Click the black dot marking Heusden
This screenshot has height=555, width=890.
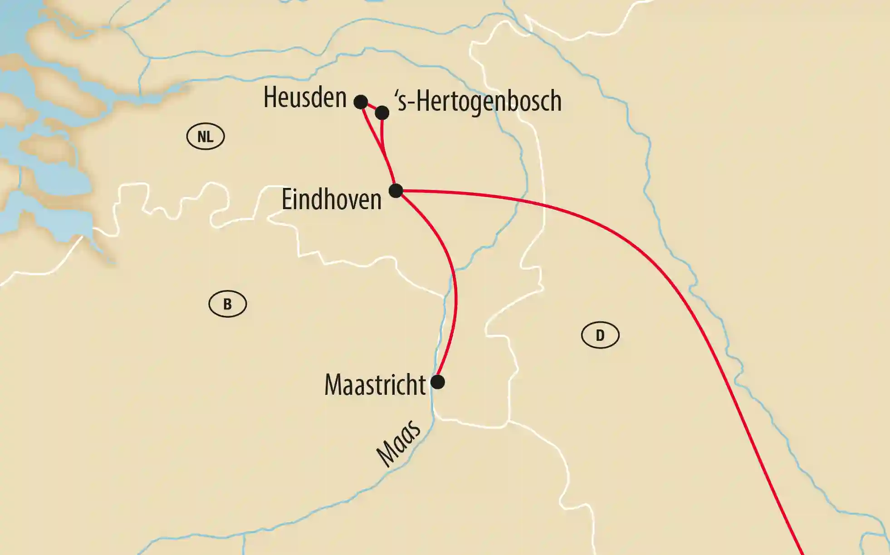coord(361,102)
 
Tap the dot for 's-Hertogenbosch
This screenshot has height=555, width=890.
coord(382,113)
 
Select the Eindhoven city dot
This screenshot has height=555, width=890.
coord(396,191)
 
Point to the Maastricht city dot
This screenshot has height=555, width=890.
coord(437,382)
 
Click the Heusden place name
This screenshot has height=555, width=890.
coord(305,98)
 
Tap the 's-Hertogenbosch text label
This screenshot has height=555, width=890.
coord(478,101)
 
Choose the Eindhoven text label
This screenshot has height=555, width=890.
coord(332,199)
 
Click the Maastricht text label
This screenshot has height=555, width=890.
coord(375,385)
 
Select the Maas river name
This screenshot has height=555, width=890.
coord(399,443)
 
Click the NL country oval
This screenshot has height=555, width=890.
coord(205,136)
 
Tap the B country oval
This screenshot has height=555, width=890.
coord(228,304)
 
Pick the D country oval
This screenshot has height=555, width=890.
coord(600,335)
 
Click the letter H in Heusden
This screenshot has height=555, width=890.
coord(270,98)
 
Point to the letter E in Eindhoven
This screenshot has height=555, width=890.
coord(286,199)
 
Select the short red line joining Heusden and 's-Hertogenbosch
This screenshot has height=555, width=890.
coord(372,107)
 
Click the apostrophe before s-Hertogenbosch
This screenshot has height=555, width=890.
coord(397,94)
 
